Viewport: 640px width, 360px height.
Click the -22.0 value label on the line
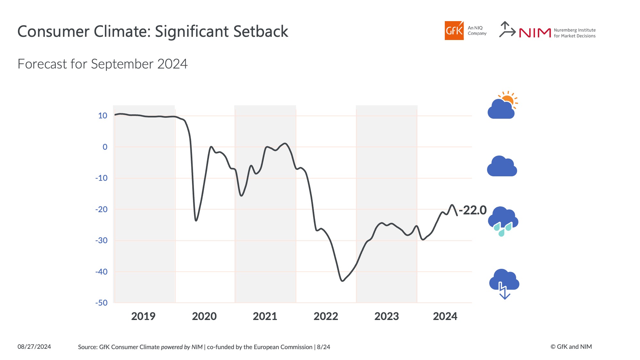coord(473,210)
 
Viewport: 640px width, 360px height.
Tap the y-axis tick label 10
coord(103,116)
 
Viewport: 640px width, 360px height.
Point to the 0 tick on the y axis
coord(105,147)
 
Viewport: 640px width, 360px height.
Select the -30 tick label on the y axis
coord(101,240)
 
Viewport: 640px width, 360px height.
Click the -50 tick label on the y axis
coord(101,303)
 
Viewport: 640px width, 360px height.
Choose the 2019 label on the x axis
coord(143,316)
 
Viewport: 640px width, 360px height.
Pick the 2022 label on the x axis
coord(326,316)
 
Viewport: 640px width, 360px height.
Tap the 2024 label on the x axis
coord(445,316)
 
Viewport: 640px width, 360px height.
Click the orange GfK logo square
coord(454,30)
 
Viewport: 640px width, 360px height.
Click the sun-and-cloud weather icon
coord(502,105)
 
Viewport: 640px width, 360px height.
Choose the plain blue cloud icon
coord(502,166)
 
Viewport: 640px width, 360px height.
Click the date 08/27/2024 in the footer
coord(34,347)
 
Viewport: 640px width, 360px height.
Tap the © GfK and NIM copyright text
coord(571,347)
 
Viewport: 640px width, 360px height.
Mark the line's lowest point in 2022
coord(342,281)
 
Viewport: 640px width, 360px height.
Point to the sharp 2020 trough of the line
coord(196,220)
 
